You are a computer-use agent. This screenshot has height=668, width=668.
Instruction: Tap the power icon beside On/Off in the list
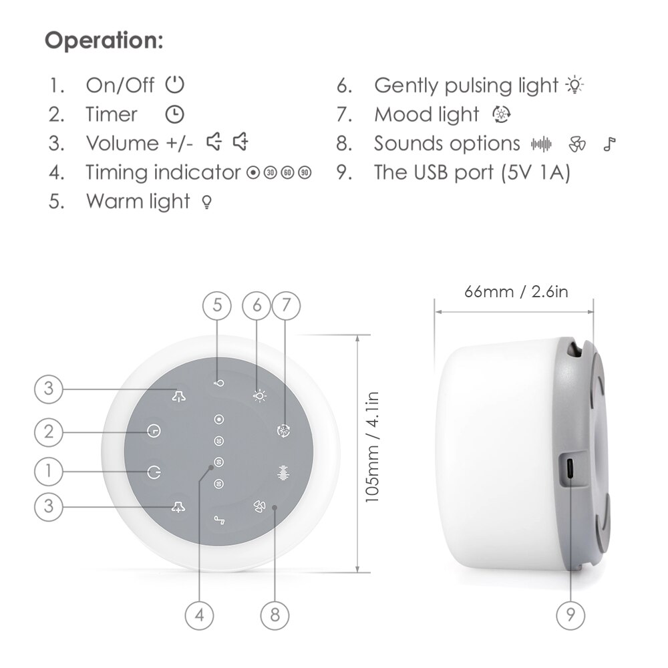tap(175, 85)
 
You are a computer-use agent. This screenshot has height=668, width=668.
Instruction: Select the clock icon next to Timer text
tap(174, 114)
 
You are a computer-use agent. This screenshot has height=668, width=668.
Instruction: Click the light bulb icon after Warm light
tap(206, 202)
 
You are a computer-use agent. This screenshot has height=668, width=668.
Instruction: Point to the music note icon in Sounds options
tap(609, 144)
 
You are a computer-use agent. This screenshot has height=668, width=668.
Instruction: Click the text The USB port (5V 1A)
tap(472, 172)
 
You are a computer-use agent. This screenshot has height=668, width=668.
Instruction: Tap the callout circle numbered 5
tap(217, 305)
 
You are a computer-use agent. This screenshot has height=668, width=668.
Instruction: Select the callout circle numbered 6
tap(257, 305)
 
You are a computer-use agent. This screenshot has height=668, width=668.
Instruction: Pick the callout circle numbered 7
tap(286, 305)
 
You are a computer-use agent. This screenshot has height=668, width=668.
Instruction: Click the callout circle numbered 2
tap(48, 432)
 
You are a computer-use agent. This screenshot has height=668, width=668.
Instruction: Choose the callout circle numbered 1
tap(48, 472)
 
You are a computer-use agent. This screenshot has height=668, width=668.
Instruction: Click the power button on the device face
tap(154, 472)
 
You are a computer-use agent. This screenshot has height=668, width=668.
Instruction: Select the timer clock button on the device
tap(154, 432)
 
